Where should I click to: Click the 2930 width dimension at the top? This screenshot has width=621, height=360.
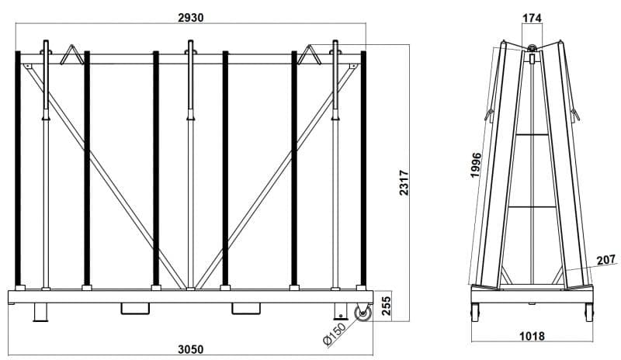[x=190, y=19]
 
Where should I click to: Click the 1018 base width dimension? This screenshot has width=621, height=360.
[x=532, y=337]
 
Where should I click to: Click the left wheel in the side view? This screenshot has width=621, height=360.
[x=474, y=313]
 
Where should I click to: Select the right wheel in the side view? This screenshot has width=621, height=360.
[x=589, y=313]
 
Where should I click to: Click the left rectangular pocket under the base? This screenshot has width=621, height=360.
[x=136, y=309]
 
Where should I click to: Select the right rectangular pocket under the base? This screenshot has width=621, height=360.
[x=247, y=309]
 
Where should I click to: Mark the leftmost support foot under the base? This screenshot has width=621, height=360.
[x=40, y=313]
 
